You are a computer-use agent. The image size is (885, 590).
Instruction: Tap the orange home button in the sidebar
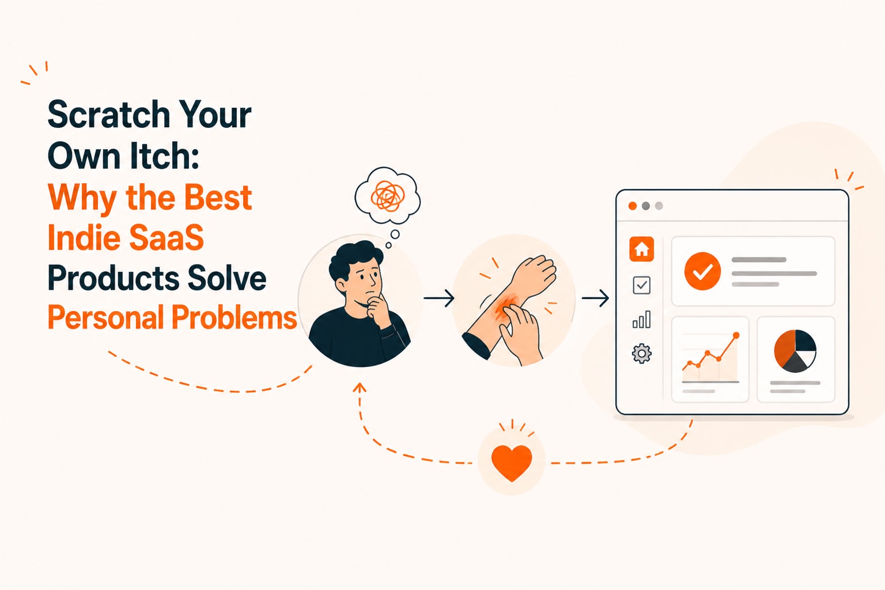(x=642, y=249)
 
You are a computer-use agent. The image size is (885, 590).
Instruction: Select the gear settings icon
(x=642, y=353)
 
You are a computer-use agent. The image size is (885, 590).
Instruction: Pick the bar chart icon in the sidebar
(x=642, y=319)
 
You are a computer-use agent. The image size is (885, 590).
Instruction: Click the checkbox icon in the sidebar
(x=642, y=285)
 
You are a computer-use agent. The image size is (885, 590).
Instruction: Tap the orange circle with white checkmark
(x=702, y=271)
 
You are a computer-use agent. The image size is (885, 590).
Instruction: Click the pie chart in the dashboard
(x=795, y=351)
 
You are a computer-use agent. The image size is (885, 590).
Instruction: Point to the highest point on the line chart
(x=736, y=335)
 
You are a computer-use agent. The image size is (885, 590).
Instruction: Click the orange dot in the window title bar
(x=633, y=206)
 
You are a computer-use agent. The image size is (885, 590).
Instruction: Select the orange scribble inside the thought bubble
(x=388, y=196)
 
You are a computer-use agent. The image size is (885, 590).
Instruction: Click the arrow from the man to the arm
(x=438, y=298)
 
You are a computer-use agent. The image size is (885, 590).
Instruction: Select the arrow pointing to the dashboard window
(x=595, y=298)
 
